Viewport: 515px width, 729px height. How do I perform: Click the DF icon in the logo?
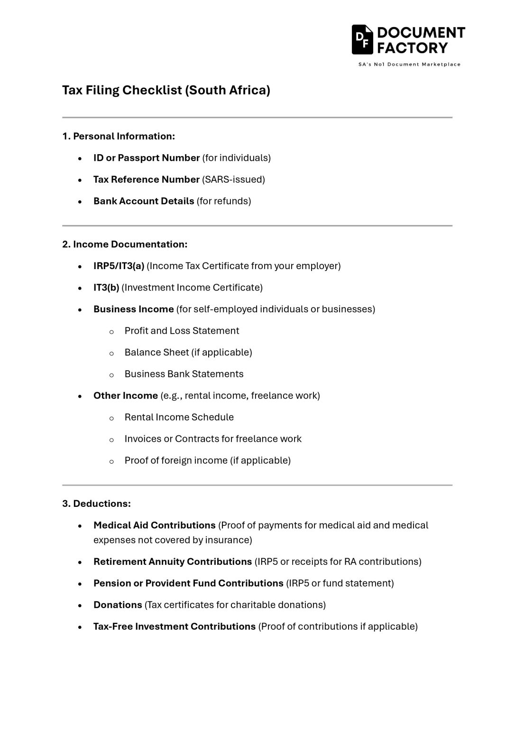click(362, 39)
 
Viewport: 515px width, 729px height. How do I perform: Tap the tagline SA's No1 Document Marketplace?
click(409, 65)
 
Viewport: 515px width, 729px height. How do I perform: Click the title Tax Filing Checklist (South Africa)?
click(166, 90)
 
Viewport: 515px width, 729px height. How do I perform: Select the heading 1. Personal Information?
click(119, 136)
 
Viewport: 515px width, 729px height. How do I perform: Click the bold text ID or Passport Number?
click(146, 158)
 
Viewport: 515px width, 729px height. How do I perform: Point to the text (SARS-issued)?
click(233, 179)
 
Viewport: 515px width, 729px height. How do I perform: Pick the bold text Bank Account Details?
click(143, 201)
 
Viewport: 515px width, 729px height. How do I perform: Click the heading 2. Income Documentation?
click(125, 244)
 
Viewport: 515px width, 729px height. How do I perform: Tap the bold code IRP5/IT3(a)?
click(119, 266)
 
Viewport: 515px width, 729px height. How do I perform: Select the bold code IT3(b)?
click(106, 288)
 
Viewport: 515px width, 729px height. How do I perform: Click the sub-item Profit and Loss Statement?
click(182, 331)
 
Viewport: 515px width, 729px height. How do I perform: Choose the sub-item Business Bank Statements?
click(184, 374)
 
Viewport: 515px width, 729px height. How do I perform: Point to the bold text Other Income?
click(125, 396)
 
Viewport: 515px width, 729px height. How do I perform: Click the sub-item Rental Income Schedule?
click(179, 417)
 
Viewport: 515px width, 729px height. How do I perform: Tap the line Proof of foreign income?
click(207, 460)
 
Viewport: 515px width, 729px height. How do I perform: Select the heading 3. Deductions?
click(96, 504)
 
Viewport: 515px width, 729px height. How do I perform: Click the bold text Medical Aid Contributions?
click(154, 525)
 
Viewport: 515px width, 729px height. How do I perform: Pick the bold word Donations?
click(118, 605)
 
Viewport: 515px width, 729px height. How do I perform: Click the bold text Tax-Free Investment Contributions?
click(174, 626)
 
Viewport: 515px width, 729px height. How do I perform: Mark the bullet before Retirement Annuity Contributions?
click(81, 562)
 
